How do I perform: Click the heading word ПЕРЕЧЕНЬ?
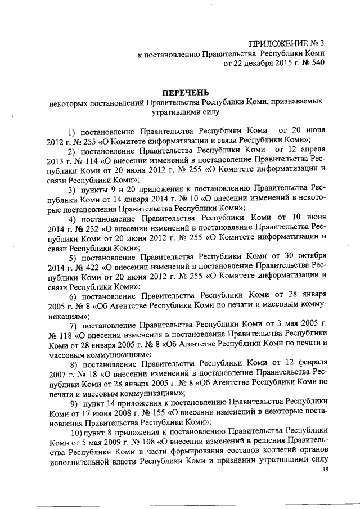coord(186,92)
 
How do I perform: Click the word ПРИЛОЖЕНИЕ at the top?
coord(274,42)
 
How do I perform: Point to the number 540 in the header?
coord(318,64)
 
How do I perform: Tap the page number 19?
coord(325,477)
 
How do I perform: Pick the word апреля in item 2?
coord(312,149)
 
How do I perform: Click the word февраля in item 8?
coord(310,363)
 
